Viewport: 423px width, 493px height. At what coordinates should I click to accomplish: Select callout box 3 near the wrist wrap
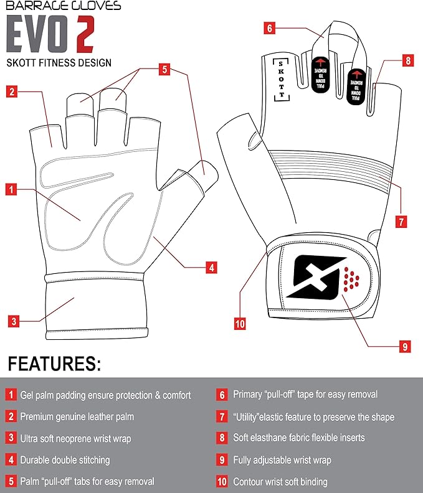14,322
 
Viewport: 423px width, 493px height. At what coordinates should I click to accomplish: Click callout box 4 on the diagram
212,268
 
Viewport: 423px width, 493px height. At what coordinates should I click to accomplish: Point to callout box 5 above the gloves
164,70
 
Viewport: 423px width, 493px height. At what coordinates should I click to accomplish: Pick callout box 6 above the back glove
269,28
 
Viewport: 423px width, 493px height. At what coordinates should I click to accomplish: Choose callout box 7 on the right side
402,221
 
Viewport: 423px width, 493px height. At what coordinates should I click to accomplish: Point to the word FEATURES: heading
55,364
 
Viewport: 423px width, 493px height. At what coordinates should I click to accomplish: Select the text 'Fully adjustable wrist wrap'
282,460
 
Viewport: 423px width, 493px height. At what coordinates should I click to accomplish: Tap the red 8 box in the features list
222,438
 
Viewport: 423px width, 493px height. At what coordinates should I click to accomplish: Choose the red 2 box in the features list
11,416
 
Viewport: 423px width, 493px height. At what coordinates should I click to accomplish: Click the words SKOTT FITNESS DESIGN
59,62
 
